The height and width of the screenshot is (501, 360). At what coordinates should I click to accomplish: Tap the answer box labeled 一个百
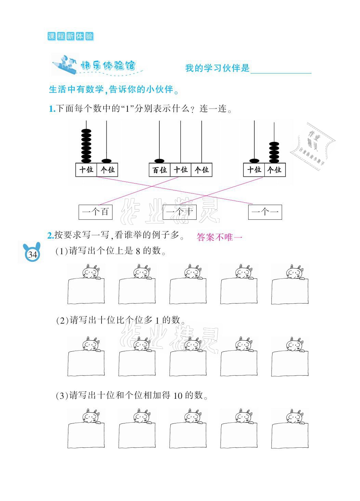tap(95, 212)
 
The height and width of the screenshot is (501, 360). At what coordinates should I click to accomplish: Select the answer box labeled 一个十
tap(179, 212)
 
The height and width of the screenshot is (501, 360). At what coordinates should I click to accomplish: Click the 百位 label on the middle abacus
tap(159, 170)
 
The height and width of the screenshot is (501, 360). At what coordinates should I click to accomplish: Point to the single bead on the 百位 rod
tap(159, 160)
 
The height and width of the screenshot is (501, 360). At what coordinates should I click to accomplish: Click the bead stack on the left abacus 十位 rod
tap(86, 146)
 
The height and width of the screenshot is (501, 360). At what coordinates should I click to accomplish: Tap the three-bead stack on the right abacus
tap(274, 152)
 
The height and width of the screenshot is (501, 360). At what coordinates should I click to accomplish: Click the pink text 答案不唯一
tap(219, 237)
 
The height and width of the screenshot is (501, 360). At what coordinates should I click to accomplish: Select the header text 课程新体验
tap(70, 36)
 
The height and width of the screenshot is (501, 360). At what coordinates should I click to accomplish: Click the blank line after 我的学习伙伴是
tap(281, 69)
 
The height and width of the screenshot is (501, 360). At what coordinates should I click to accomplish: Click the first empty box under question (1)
tap(86, 291)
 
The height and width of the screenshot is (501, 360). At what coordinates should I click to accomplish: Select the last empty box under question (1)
tap(290, 291)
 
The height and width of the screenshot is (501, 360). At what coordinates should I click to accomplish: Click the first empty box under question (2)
tap(86, 363)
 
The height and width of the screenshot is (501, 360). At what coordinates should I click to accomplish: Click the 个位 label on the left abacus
tap(107, 170)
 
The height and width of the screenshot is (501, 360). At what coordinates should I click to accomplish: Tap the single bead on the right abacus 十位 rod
tap(254, 160)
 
